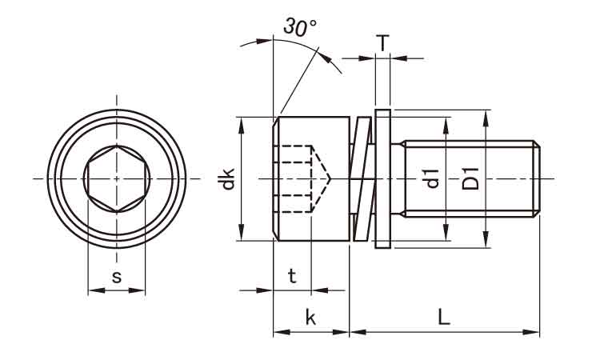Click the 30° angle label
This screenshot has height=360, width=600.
click(300, 28)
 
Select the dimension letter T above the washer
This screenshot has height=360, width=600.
click(383, 42)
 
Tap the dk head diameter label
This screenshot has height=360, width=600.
click(229, 178)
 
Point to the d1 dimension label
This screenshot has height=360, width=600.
click(432, 178)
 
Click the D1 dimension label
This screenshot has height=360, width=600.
click(471, 178)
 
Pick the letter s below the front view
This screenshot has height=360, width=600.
click(117, 277)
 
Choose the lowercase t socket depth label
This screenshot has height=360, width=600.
click(292, 277)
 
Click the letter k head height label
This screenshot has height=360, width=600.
click(310, 318)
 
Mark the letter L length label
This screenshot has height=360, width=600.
click(444, 317)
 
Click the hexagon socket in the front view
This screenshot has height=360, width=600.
click(117, 178)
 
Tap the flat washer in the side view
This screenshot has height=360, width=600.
click(382, 178)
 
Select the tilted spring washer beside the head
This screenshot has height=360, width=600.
click(362, 178)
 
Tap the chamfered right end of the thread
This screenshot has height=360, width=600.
click(538, 178)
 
